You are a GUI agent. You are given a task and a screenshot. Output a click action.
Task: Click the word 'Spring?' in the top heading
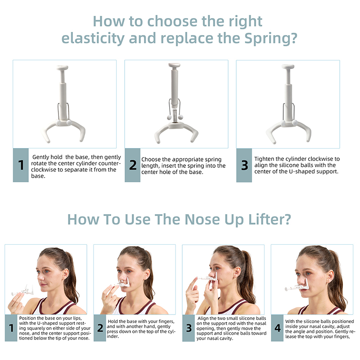click(x=271, y=38)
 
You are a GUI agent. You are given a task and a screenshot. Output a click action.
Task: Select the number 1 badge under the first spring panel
click(x=21, y=165)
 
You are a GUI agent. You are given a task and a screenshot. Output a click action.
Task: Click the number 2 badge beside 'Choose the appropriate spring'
click(x=132, y=165)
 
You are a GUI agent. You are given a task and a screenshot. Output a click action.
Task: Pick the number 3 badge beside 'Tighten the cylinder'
click(x=244, y=165)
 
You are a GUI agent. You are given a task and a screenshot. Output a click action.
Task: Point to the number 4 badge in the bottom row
click(x=277, y=328)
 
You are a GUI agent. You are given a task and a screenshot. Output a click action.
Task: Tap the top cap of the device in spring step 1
click(x=62, y=68)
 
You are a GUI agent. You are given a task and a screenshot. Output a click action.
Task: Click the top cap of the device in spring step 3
click(x=288, y=67)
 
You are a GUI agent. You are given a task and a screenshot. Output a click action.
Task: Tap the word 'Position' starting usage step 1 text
click(x=27, y=318)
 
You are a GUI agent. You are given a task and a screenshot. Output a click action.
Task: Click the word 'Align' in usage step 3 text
click(x=203, y=319)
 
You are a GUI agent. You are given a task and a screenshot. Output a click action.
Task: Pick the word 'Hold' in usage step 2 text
click(x=112, y=321)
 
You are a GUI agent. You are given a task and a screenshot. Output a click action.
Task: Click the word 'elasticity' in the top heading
click(x=93, y=38)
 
